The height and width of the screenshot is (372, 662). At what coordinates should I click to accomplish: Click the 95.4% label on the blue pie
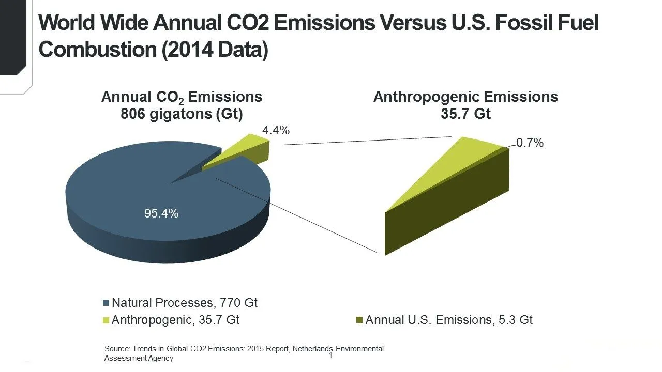point(161,213)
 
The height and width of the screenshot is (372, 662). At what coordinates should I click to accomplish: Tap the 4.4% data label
point(276,131)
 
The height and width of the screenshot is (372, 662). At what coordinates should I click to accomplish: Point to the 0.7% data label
point(530,143)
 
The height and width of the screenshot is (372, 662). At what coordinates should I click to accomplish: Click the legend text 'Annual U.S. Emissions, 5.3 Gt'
point(449,320)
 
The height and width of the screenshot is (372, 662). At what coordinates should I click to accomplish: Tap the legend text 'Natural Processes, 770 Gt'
point(185,303)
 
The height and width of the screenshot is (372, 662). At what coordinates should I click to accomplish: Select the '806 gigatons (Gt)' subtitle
point(182,114)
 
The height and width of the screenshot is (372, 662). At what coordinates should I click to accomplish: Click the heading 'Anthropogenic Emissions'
point(465,97)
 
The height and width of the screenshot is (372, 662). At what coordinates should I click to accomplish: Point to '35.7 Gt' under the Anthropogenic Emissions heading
point(465,114)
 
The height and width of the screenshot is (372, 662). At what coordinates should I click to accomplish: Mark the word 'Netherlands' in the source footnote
point(312,349)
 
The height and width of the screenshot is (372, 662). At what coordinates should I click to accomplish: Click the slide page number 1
point(330,356)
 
